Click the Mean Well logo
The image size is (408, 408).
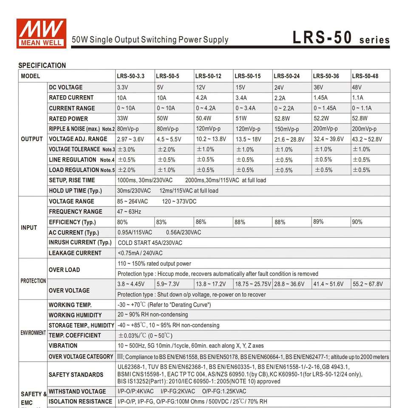pyautogui.click(x=41, y=33)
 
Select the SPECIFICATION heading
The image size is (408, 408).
pyautogui.click(x=42, y=65)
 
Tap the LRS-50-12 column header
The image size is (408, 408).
pyautogui.click(x=208, y=76)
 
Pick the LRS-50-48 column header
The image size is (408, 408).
pyautogui.click(x=365, y=76)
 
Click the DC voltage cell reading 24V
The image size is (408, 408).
pyautogui.click(x=279, y=88)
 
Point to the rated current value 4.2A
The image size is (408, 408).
pyautogui.click(x=201, y=97)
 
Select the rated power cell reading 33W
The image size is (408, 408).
pyautogui.click(x=123, y=119)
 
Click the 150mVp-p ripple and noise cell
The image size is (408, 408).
pyautogui.click(x=286, y=129)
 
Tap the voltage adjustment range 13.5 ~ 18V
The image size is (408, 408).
pyautogui.click(x=248, y=139)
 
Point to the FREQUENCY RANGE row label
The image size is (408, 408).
pyautogui.click(x=76, y=212)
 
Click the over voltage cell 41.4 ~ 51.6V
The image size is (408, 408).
pyautogui.click(x=329, y=284)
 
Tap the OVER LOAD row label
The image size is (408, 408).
pyautogui.click(x=64, y=270)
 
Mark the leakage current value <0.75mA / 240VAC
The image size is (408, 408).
pyautogui.click(x=140, y=253)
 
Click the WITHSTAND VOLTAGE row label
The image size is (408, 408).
pyautogui.click(x=77, y=391)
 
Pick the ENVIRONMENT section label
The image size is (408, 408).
pyautogui.click(x=33, y=333)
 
